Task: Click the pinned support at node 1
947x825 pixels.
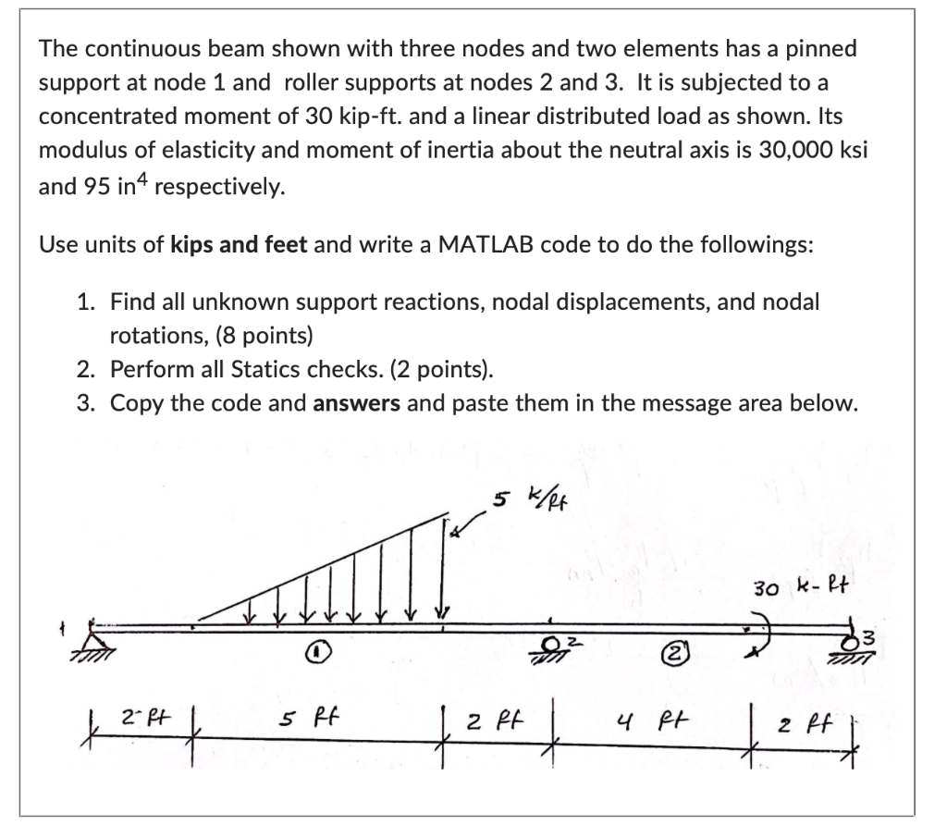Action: pos(93,638)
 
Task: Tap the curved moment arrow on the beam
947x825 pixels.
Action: pos(754,632)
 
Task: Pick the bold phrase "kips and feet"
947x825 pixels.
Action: pos(240,246)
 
